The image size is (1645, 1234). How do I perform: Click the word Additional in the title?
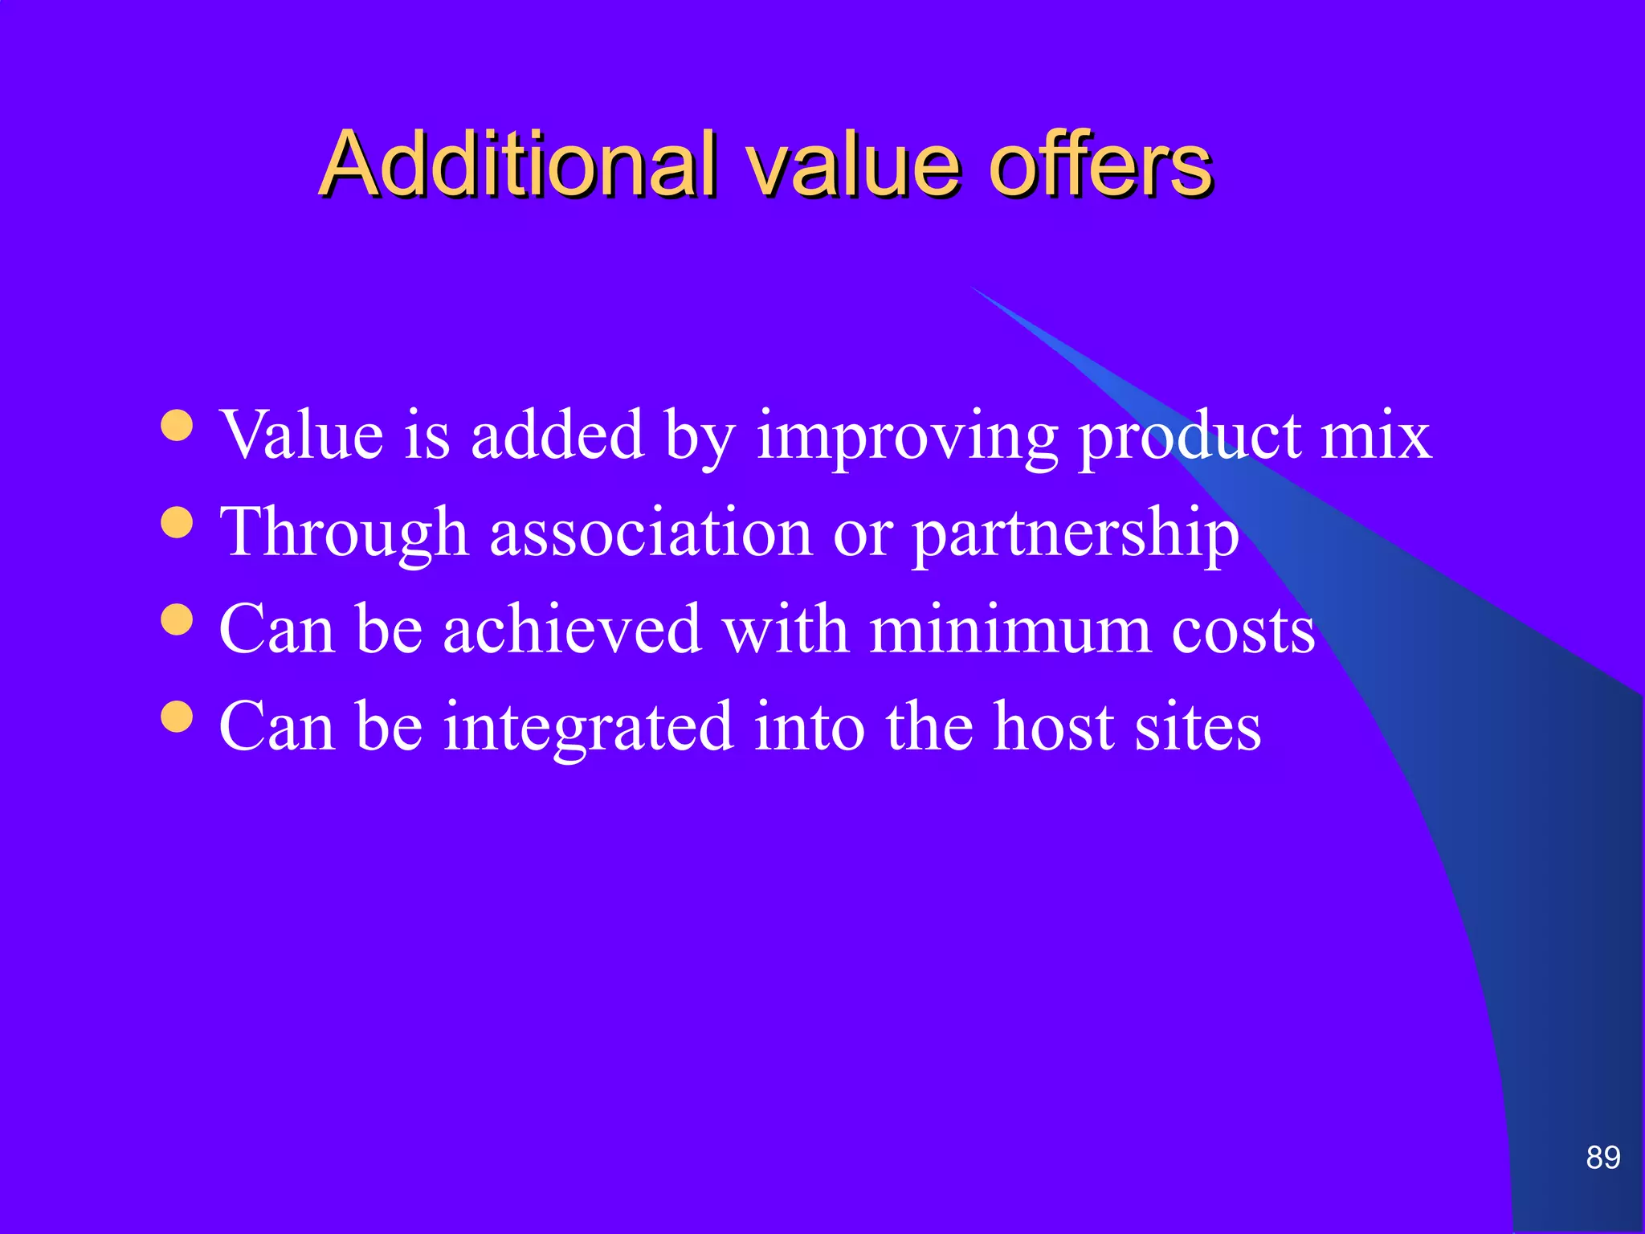click(x=517, y=164)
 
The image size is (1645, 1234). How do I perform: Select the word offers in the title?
click(x=1100, y=164)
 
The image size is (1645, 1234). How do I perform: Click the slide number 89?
click(x=1602, y=1158)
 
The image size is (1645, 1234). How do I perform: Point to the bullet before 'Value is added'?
click(x=177, y=427)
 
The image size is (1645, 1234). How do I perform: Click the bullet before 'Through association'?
click(x=177, y=523)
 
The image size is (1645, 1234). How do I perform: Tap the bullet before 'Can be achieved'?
click(x=177, y=620)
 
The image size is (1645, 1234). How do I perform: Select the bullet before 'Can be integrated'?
click(x=177, y=717)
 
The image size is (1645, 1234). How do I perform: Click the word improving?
click(x=907, y=438)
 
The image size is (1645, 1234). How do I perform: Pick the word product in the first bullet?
click(x=1190, y=438)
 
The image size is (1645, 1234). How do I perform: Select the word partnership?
click(x=1076, y=535)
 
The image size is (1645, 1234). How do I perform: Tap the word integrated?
click(x=588, y=728)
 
